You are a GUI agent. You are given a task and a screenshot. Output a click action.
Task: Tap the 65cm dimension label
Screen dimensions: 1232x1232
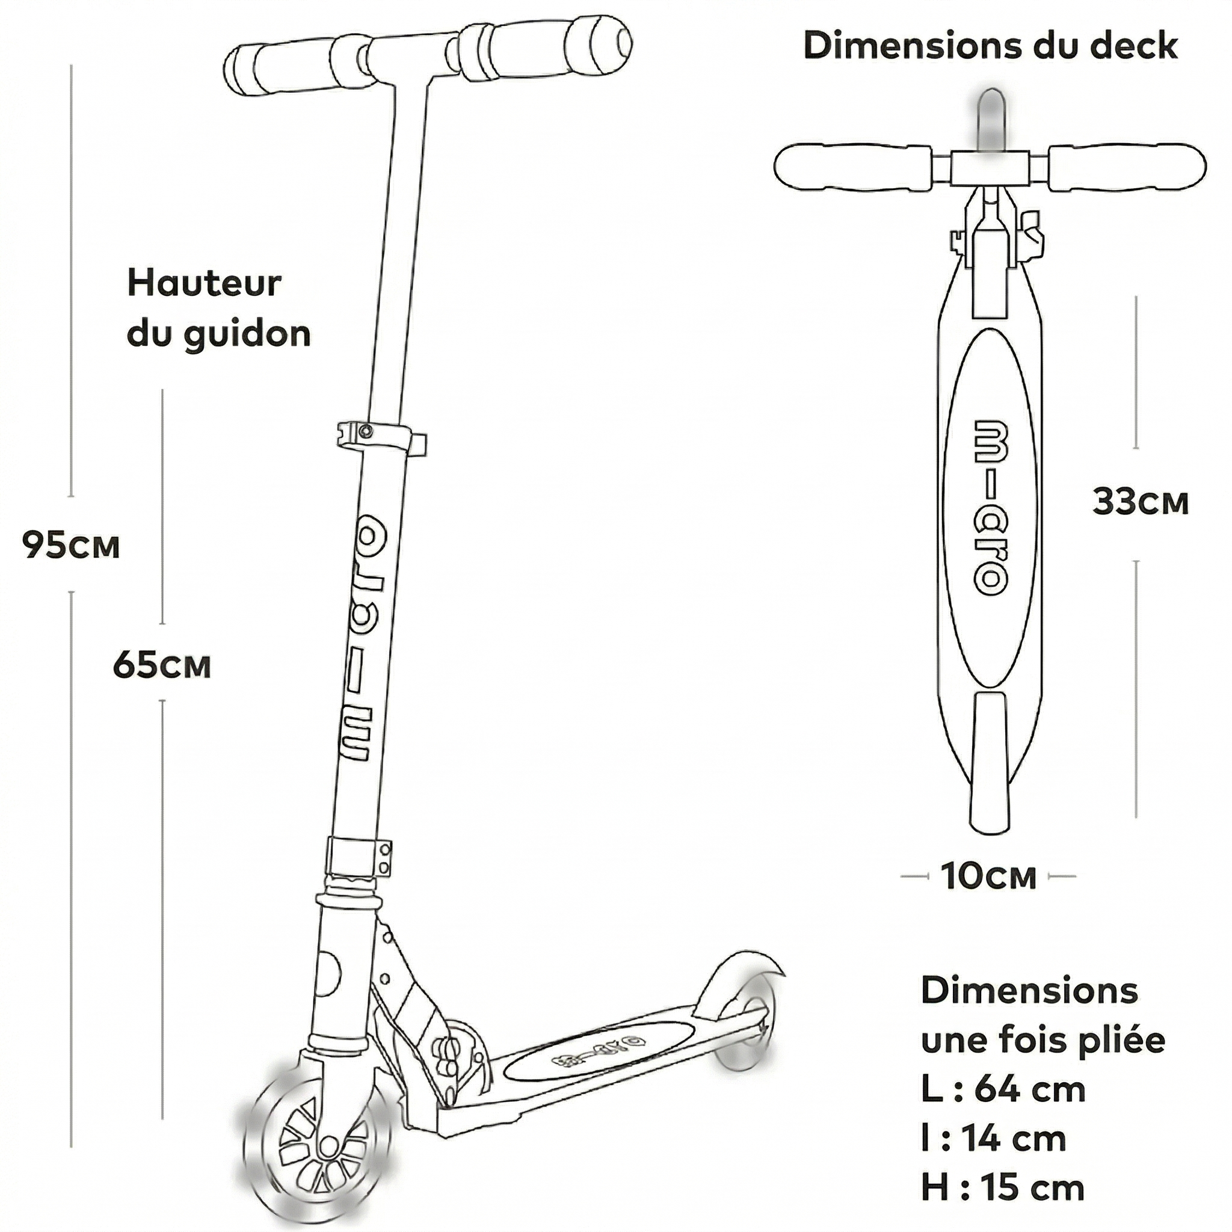(161, 665)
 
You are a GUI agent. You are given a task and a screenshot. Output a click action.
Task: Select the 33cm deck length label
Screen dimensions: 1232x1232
(1140, 502)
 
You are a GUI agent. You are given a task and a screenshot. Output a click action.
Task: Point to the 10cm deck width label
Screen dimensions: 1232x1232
(988, 876)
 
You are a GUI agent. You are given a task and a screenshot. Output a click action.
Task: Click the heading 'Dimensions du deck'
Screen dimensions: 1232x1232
(990, 46)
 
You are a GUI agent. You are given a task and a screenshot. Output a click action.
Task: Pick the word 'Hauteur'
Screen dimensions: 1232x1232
(204, 284)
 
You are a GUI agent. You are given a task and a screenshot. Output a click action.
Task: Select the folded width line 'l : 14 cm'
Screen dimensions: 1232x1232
(994, 1138)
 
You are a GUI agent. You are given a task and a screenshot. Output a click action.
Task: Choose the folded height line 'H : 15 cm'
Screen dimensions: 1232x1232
(1002, 1187)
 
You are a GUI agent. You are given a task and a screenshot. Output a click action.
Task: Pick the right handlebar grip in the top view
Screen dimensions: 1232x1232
(1127, 167)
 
